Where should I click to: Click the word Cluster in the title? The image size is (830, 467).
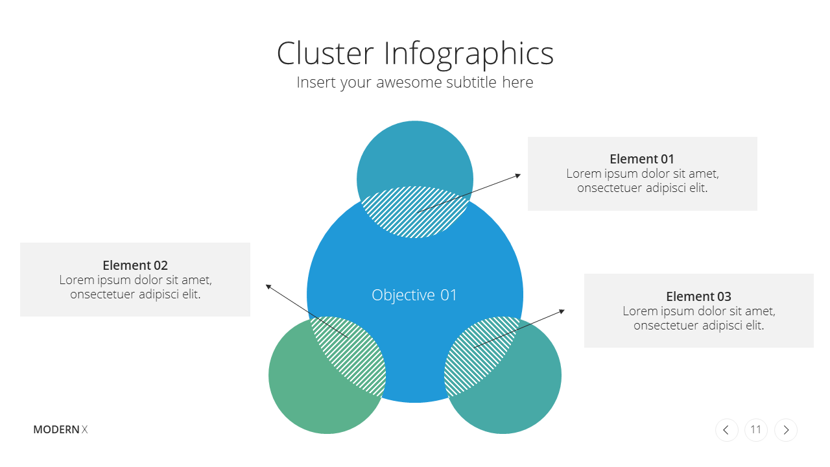click(325, 53)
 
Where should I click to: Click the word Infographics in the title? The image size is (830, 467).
click(469, 55)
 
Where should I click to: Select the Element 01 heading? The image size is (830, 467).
click(642, 159)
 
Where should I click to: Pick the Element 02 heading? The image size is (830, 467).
click(136, 265)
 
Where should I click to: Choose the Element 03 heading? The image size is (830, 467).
click(698, 296)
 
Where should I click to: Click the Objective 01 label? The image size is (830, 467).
click(414, 295)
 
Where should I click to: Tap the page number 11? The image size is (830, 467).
click(755, 429)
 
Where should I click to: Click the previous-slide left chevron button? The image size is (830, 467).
click(727, 430)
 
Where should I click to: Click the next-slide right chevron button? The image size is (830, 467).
click(785, 430)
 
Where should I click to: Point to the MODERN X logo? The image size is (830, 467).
click(60, 429)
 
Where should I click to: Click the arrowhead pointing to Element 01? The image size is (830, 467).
click(518, 176)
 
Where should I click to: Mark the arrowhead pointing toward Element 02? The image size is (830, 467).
click(268, 287)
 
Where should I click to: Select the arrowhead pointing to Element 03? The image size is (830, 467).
click(562, 311)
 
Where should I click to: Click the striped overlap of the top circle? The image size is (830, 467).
click(415, 212)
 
